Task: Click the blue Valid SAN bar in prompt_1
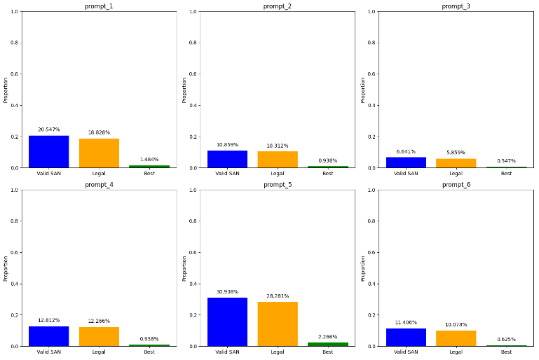[48, 151]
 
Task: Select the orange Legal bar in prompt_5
[278, 324]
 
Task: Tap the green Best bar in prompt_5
[328, 344]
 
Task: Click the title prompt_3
[456, 6]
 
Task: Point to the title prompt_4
[99, 185]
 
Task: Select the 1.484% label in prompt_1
[149, 160]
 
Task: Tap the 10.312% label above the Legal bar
[278, 146]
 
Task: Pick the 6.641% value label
[406, 151]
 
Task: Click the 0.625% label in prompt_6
[506, 339]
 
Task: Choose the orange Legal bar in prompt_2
[278, 160]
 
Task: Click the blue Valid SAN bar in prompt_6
[406, 337]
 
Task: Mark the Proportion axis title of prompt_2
[184, 90]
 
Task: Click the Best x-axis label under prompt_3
[506, 173]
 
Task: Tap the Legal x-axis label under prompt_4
[99, 352]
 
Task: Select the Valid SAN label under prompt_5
[227, 352]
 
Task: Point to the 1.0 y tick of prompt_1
[15, 12]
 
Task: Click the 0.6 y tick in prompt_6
[373, 253]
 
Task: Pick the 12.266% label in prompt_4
[99, 321]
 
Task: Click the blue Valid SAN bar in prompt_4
[48, 336]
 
